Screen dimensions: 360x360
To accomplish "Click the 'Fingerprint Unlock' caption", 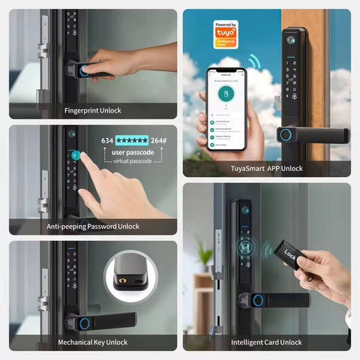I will [x=93, y=110].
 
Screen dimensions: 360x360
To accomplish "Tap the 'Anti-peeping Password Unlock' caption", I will [x=93, y=226].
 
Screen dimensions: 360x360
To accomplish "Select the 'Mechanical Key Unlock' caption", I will [x=93, y=342].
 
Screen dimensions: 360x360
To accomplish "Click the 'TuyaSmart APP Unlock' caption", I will [x=266, y=169].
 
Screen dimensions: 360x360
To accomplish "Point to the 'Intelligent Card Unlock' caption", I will [x=266, y=342].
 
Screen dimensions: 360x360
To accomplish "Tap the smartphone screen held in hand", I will [x=227, y=105].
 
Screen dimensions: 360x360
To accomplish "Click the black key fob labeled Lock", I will [x=292, y=258].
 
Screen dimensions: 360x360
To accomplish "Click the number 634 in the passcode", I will [x=107, y=140].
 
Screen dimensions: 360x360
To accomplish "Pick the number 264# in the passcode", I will [x=160, y=140].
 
